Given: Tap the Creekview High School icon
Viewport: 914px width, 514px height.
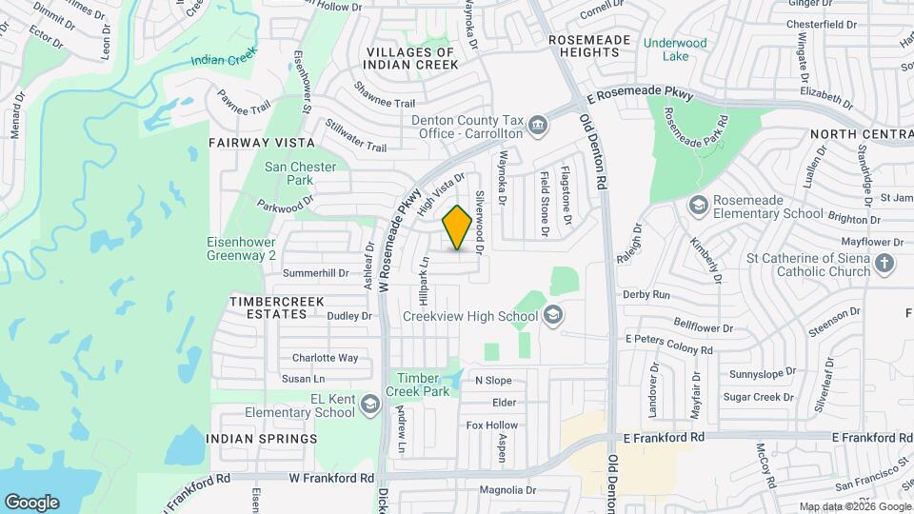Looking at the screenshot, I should pos(553,316).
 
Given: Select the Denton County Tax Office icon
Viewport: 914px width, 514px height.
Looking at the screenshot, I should pos(537,125).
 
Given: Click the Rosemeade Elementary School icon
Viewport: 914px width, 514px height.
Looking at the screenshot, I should pos(698,206).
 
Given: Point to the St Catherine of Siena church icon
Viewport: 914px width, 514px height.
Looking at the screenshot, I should pos(884,264).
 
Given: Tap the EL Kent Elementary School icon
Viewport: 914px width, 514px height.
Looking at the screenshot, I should pos(368,405).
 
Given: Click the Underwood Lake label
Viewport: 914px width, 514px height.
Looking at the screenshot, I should pos(674,49).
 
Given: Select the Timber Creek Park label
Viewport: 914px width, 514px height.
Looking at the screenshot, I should pos(418,384).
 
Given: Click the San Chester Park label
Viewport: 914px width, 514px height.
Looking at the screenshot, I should pos(300,173).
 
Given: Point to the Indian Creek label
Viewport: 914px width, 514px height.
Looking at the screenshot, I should pos(224,59).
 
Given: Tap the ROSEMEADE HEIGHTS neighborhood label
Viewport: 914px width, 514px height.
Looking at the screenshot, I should pos(584,46).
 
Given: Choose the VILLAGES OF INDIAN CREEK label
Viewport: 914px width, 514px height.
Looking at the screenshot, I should pos(411,58).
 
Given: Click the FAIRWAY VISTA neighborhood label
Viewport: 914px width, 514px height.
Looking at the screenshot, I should pos(261,142).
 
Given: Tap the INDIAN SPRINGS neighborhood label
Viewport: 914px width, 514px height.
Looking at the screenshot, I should pos(261,439).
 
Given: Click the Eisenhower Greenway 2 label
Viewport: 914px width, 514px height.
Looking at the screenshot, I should pos(242,249).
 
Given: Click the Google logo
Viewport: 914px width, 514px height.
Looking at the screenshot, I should pos(31,502).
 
